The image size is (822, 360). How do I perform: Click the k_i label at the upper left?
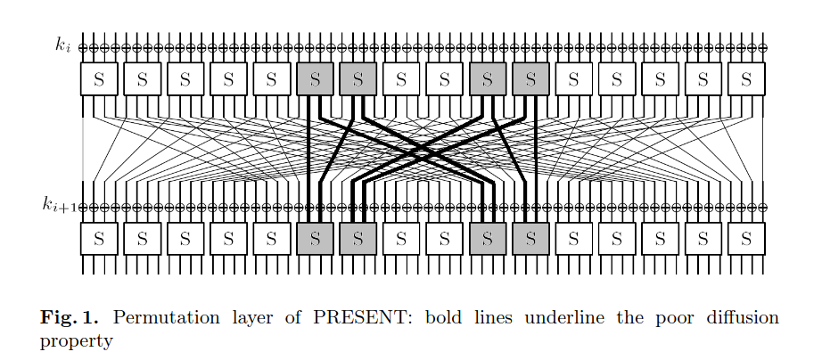click(x=62, y=45)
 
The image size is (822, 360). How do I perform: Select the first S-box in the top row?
click(x=99, y=79)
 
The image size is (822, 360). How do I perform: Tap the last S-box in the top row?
click(x=746, y=79)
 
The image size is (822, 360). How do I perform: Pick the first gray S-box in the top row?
click(x=315, y=79)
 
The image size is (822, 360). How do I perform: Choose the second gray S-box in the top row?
click(x=358, y=79)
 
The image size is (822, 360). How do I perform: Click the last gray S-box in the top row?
click(x=530, y=79)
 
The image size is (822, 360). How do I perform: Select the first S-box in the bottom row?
click(x=99, y=238)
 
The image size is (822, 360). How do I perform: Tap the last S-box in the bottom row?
click(x=746, y=238)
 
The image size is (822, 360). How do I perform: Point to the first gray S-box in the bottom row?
click(x=315, y=238)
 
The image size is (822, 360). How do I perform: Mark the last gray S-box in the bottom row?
click(x=530, y=238)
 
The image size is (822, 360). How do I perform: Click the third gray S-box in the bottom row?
click(x=488, y=238)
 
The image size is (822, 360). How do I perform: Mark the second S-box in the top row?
click(x=143, y=79)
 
